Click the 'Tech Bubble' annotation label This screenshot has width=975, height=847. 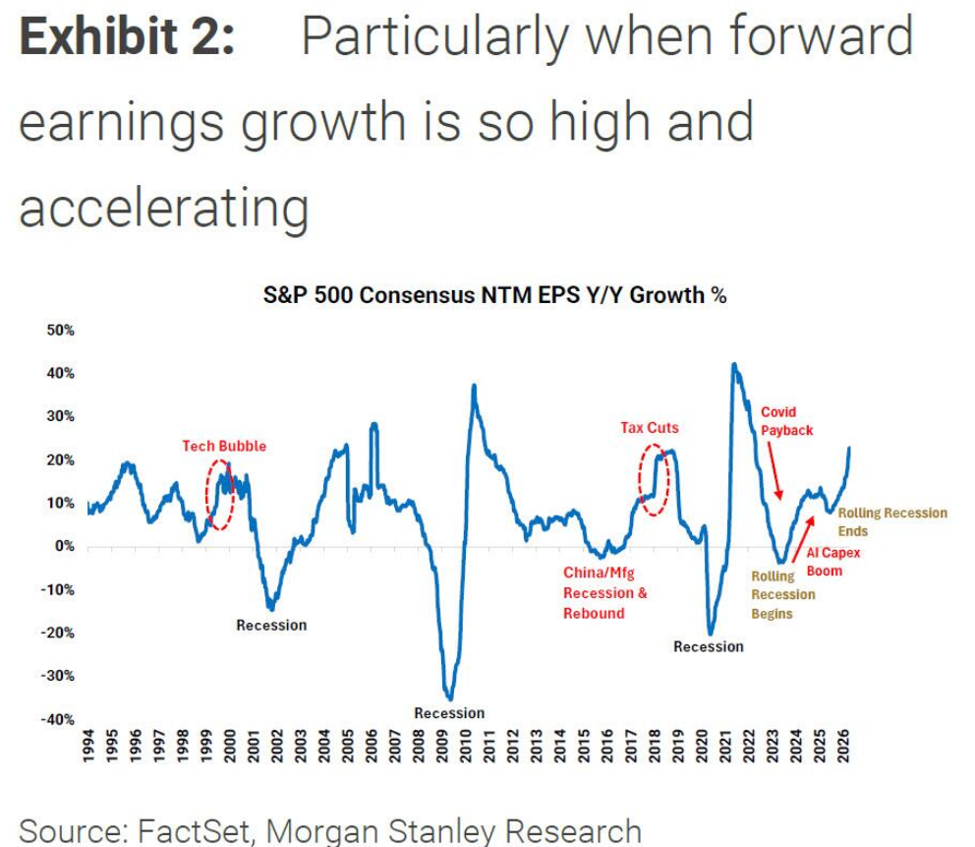(x=224, y=446)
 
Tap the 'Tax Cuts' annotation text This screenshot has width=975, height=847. (x=649, y=428)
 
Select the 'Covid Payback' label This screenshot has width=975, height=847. (x=787, y=421)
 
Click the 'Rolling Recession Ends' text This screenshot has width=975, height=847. (x=891, y=521)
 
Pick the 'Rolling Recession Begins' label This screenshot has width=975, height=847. (x=782, y=594)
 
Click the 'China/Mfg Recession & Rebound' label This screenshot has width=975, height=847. (x=605, y=593)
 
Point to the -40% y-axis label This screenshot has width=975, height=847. (x=58, y=719)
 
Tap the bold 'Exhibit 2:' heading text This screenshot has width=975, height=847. (x=127, y=36)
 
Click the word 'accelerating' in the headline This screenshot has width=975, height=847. (x=164, y=208)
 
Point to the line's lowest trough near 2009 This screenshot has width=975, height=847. (x=449, y=696)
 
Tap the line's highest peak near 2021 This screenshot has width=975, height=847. (x=733, y=364)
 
